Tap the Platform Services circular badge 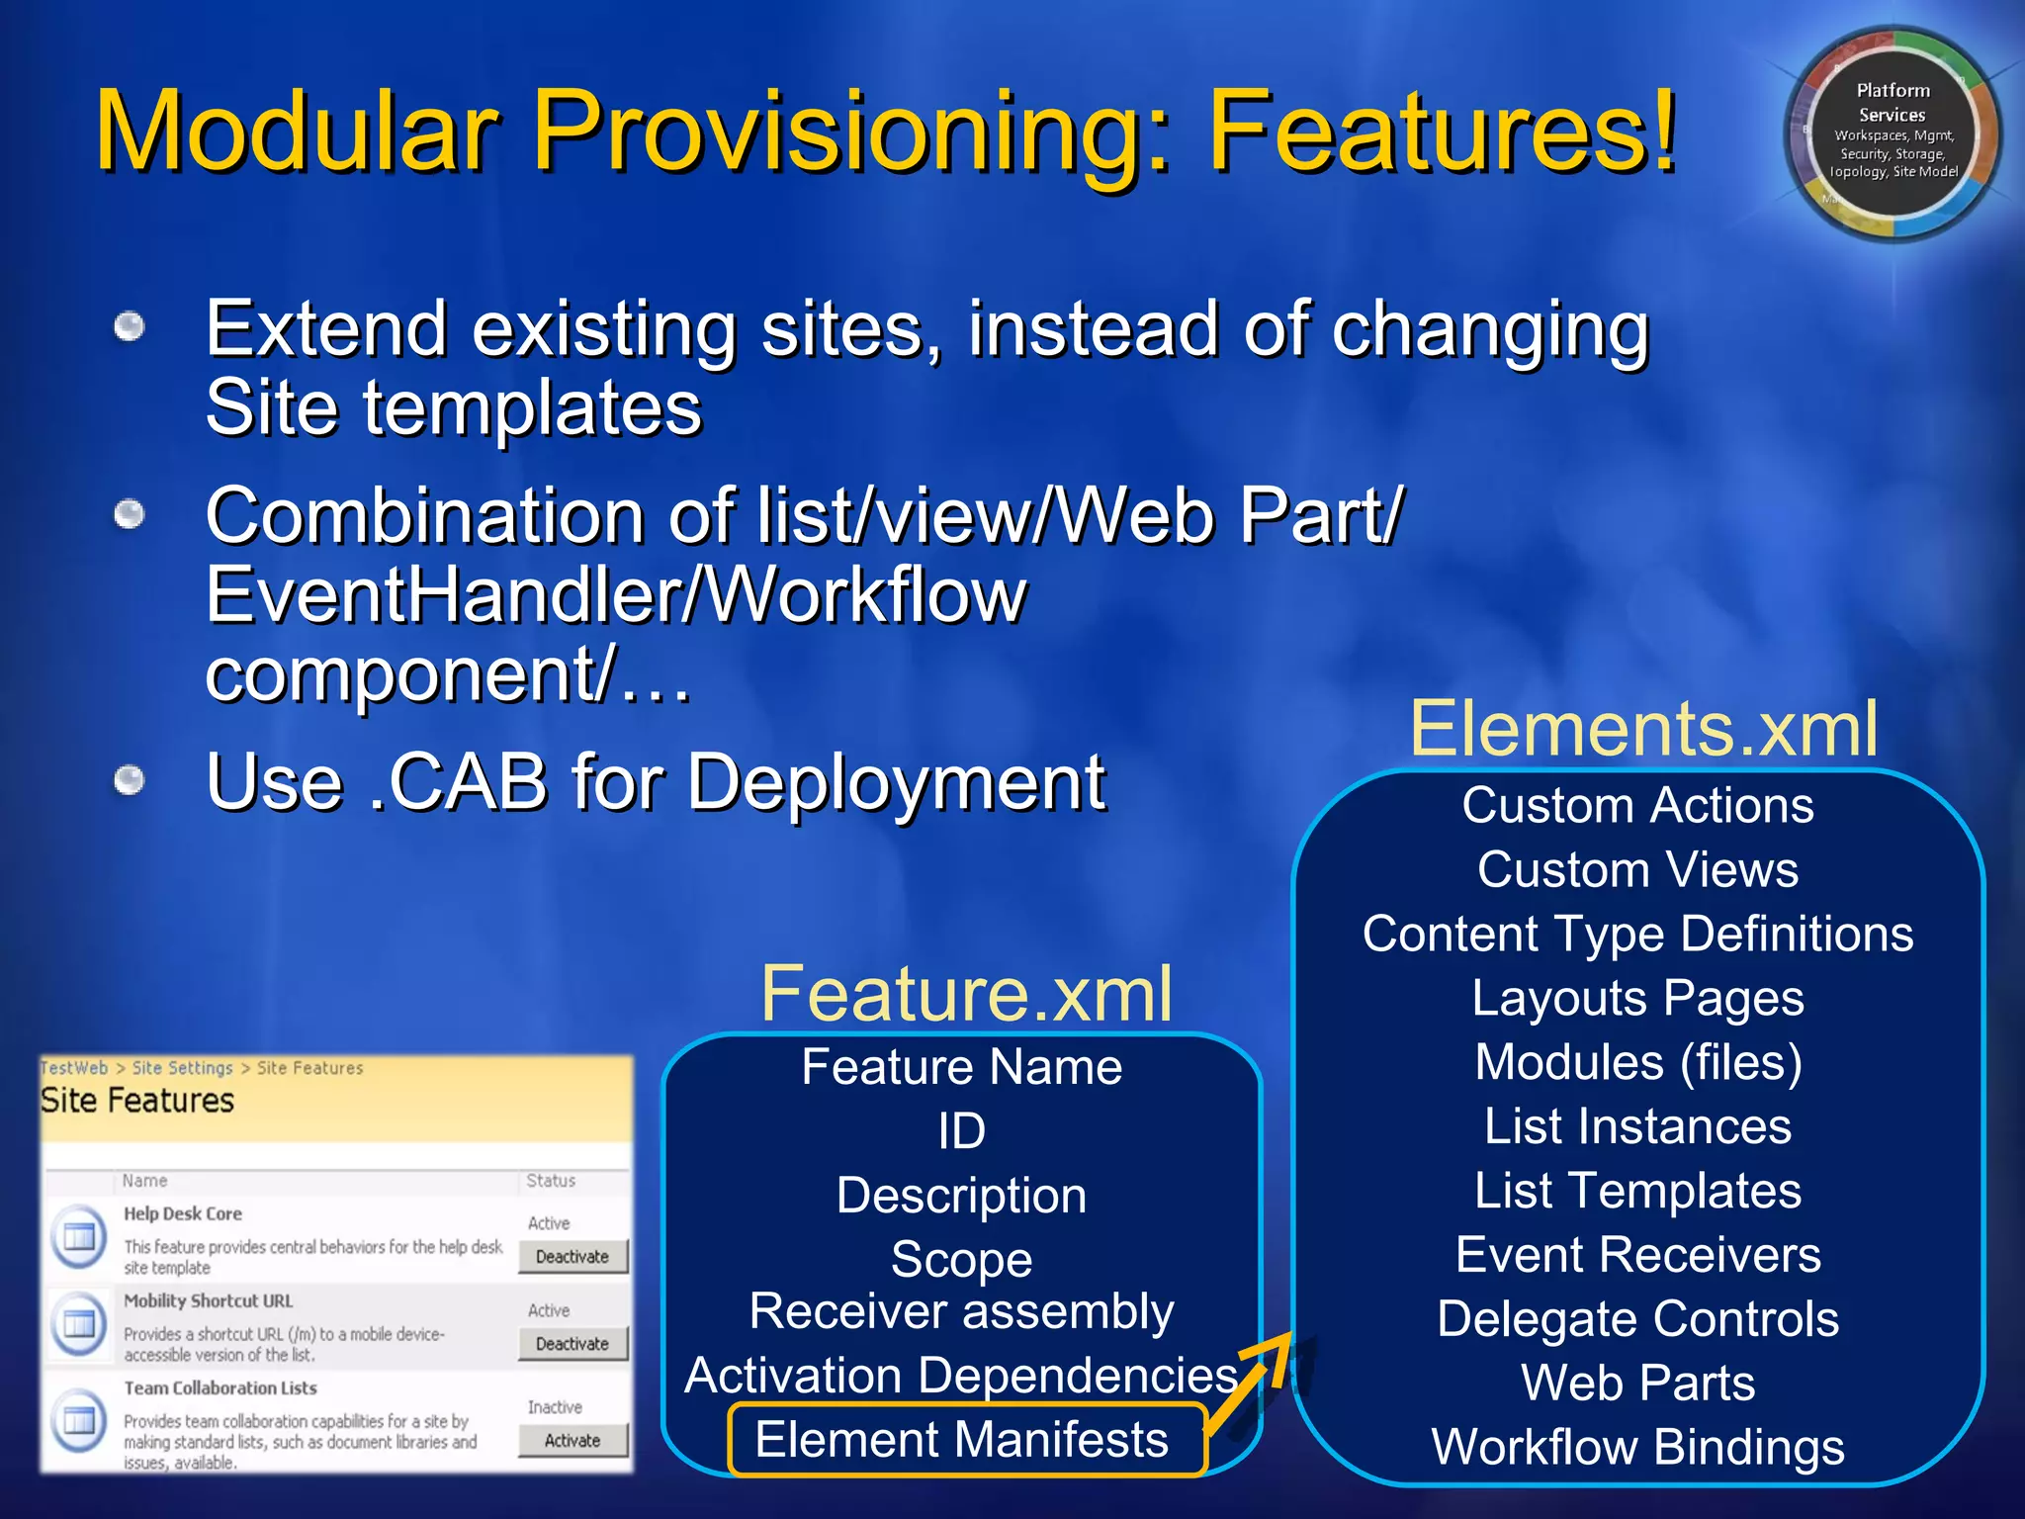pyautogui.click(x=1893, y=133)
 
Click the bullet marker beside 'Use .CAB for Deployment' pyautogui.click(x=130, y=781)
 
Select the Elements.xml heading pyautogui.click(x=1642, y=729)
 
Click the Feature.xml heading pyautogui.click(x=966, y=994)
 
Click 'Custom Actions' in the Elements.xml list pyautogui.click(x=1637, y=805)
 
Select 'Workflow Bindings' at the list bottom pyautogui.click(x=1637, y=1447)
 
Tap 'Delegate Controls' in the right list pyautogui.click(x=1637, y=1318)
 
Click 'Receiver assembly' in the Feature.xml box pyautogui.click(x=961, y=1311)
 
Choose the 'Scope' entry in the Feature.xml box pyautogui.click(x=961, y=1259)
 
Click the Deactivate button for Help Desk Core pyautogui.click(x=572, y=1257)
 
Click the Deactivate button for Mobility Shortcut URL pyautogui.click(x=572, y=1344)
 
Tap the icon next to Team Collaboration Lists pyautogui.click(x=79, y=1420)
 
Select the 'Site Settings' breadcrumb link pyautogui.click(x=182, y=1068)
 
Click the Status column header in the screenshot pyautogui.click(x=551, y=1181)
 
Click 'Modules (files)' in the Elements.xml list pyautogui.click(x=1637, y=1062)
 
